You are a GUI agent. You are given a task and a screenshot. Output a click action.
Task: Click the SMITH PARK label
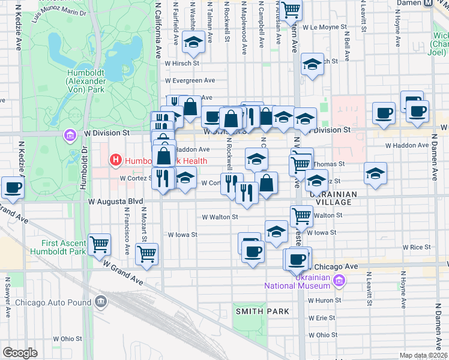point(262,311)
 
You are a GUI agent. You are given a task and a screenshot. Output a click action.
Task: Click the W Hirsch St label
point(182,62)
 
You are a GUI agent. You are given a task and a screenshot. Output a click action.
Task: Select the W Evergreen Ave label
point(190,80)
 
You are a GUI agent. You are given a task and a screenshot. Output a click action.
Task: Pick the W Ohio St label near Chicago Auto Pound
point(67,339)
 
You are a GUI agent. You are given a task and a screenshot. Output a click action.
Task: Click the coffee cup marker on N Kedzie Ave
point(13,187)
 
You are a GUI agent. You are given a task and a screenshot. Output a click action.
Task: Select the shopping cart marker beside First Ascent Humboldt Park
point(99,244)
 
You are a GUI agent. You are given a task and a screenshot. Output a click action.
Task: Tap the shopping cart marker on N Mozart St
point(146,254)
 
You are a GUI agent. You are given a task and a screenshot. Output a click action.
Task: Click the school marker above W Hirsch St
point(193,43)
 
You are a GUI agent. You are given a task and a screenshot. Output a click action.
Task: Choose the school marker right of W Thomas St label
point(375,173)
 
